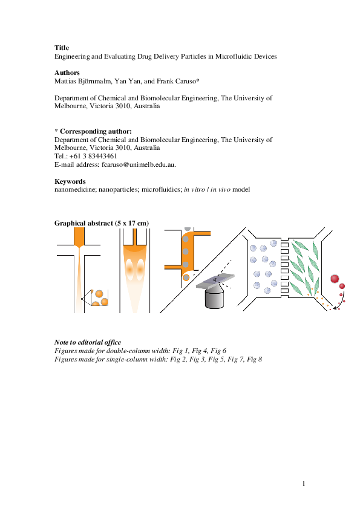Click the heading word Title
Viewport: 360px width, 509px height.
click(x=62, y=48)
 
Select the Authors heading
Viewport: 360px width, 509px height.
click(x=67, y=73)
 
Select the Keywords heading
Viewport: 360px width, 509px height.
click(x=70, y=181)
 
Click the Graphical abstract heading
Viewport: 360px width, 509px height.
click(x=101, y=223)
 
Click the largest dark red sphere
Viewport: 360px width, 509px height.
click(x=335, y=278)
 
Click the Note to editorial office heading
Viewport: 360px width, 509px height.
click(x=88, y=342)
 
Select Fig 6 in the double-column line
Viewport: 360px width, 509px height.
click(x=218, y=351)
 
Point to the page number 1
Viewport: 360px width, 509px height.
click(x=304, y=484)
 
